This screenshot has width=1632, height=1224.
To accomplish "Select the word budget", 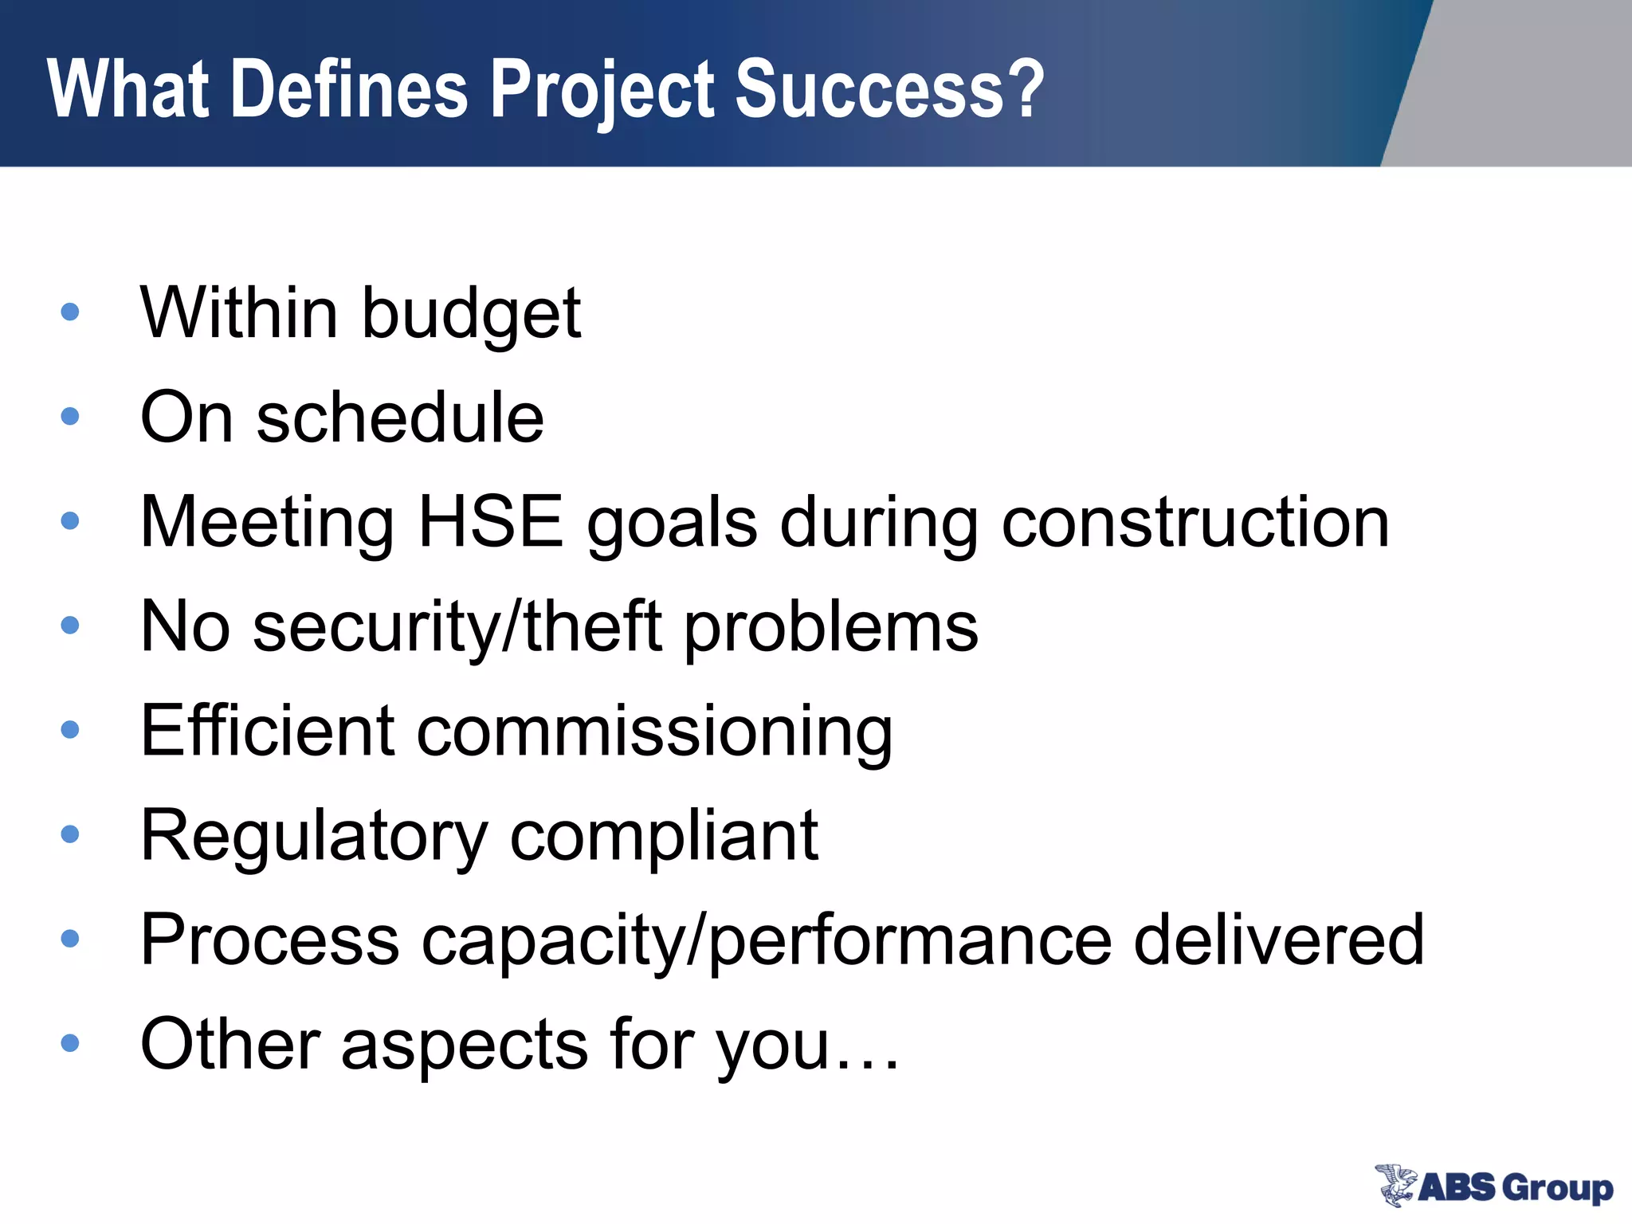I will point(471,313).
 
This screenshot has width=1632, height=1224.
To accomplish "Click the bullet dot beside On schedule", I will point(70,416).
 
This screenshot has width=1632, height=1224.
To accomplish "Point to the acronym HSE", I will point(490,522).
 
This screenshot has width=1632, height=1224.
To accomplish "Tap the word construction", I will point(1195,522).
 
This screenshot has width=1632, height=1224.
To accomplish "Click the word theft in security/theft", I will point(593,626).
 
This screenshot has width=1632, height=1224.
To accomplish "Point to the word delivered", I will point(1278,940).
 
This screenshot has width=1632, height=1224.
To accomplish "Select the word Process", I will point(269,940).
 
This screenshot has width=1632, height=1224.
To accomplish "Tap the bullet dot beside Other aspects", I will point(70,1042).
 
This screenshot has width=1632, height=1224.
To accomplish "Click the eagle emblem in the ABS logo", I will point(1395,1184).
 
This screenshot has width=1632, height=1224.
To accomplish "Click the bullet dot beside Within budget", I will point(70,312).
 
